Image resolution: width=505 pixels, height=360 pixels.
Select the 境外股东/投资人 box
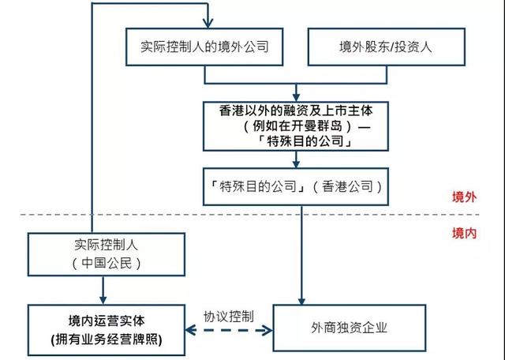click(x=380, y=47)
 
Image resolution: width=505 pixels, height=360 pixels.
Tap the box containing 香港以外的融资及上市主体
click(x=297, y=125)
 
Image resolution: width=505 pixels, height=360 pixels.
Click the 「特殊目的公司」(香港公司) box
click(x=297, y=186)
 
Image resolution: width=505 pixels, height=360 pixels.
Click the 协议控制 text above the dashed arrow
click(x=228, y=314)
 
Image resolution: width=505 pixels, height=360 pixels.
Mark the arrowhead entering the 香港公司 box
click(x=297, y=164)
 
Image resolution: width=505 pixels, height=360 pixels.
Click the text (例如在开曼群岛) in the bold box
click(x=292, y=126)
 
